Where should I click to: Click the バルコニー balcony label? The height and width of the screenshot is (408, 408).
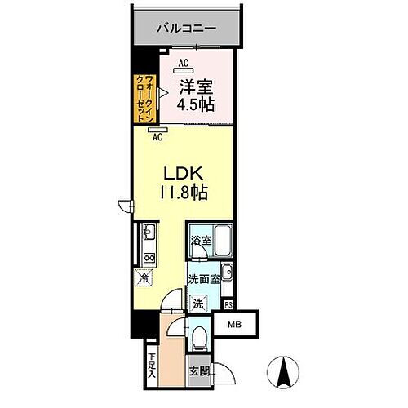(187, 28)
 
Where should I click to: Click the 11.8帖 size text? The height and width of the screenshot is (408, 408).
(185, 193)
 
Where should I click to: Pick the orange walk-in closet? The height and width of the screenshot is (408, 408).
(142, 98)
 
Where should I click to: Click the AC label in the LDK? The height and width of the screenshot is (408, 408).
(157, 137)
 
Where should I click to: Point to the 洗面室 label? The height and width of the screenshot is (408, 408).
(203, 277)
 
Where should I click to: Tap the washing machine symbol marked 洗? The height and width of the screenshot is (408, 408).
(198, 302)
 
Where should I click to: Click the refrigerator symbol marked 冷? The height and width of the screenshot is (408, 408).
(144, 277)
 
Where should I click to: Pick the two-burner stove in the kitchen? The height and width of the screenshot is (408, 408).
(149, 258)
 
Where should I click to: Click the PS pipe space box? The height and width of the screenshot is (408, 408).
(228, 305)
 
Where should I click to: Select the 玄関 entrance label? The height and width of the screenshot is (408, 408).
(198, 370)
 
